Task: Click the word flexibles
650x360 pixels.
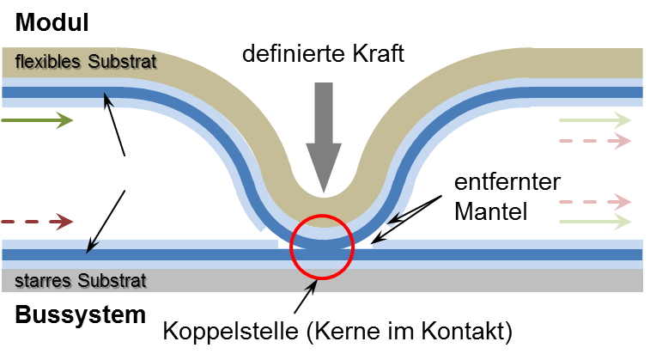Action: pos(49,62)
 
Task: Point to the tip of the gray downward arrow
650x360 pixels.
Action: pos(324,191)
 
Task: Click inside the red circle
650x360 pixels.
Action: pos(322,247)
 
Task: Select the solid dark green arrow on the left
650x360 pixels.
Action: pos(38,120)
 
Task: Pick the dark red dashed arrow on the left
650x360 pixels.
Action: pos(38,222)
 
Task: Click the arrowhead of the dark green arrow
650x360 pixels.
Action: pos(65,120)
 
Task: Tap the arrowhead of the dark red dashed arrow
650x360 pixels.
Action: pos(65,222)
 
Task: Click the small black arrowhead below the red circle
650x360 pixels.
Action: pos(313,285)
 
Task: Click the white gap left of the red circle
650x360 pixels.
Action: pos(284,243)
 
